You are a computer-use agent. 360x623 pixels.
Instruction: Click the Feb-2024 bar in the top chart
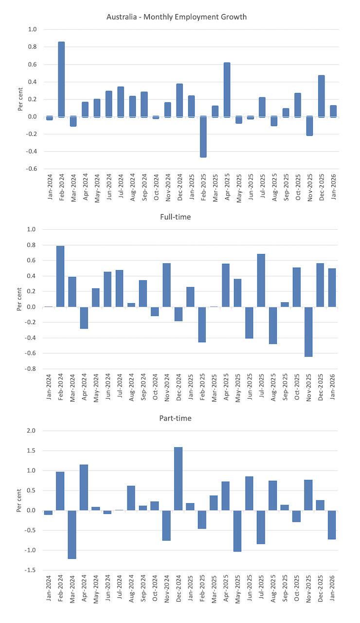tap(61, 79)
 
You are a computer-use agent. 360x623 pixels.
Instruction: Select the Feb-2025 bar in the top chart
tap(203, 137)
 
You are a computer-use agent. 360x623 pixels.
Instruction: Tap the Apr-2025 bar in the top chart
tap(227, 90)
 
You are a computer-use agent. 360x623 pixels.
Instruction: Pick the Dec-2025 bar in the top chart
tap(321, 96)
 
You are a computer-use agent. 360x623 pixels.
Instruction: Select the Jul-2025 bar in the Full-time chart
tap(261, 280)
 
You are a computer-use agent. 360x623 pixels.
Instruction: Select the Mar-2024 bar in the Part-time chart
tap(72, 534)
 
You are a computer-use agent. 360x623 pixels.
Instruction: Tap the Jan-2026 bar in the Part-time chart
tap(332, 525)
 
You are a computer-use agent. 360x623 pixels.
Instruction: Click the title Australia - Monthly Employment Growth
tap(177, 17)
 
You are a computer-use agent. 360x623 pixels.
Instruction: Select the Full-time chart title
tap(177, 217)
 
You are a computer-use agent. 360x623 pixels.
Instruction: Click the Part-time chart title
tap(177, 419)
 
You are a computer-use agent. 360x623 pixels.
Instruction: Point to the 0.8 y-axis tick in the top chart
tap(33, 47)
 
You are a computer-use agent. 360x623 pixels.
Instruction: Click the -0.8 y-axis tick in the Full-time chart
tap(31, 368)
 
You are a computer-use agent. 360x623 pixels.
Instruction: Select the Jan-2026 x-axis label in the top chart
tap(334, 187)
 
